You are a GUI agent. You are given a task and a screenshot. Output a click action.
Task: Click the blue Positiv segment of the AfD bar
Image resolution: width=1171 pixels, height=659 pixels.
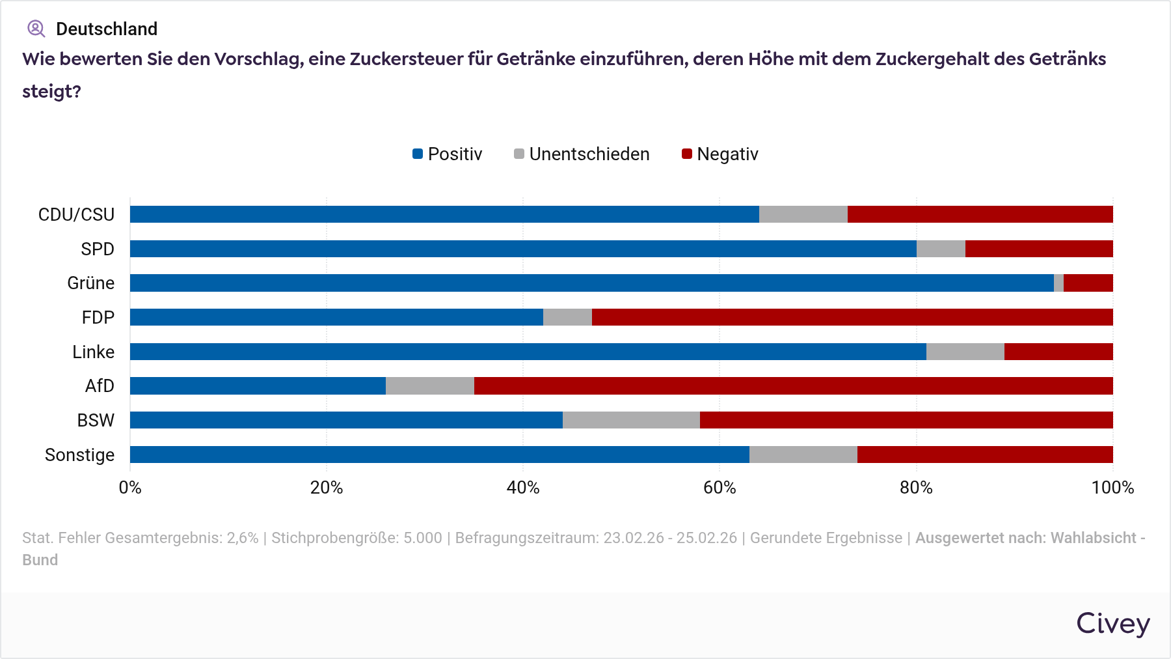pyautogui.click(x=258, y=386)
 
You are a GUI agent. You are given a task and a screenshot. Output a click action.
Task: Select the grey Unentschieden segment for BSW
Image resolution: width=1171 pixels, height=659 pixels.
pyautogui.click(x=631, y=420)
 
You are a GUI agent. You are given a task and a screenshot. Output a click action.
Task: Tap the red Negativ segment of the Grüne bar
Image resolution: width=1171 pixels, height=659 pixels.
pyautogui.click(x=1088, y=283)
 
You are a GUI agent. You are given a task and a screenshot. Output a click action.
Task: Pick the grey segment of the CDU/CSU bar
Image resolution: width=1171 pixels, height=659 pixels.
pyautogui.click(x=803, y=214)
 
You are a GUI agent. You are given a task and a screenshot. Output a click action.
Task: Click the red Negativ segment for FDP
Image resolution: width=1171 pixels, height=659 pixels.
pyautogui.click(x=852, y=317)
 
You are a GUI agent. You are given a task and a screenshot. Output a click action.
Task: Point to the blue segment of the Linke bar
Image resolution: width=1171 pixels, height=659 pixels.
pyautogui.click(x=528, y=352)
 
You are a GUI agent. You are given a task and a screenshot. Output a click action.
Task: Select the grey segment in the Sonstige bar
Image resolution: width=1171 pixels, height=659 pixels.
pyautogui.click(x=803, y=455)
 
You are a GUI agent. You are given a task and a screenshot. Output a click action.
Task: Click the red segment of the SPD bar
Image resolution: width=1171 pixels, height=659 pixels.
pyautogui.click(x=1039, y=249)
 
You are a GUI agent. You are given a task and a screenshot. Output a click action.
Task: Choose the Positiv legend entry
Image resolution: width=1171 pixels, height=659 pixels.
pyautogui.click(x=448, y=154)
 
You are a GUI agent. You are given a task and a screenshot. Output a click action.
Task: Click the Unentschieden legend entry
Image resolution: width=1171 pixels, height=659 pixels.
pyautogui.click(x=582, y=154)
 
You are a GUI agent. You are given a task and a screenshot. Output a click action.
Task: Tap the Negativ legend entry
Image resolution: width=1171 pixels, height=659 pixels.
pyautogui.click(x=720, y=154)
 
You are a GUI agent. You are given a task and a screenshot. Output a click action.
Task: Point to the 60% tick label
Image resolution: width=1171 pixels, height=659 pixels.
pyautogui.click(x=720, y=488)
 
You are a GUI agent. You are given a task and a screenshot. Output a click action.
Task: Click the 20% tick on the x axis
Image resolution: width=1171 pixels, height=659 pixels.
pyautogui.click(x=327, y=488)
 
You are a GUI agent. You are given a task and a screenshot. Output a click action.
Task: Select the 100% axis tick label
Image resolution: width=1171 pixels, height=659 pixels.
pyautogui.click(x=1112, y=488)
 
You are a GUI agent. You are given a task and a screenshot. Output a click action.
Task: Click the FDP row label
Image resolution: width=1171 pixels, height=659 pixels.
pyautogui.click(x=98, y=318)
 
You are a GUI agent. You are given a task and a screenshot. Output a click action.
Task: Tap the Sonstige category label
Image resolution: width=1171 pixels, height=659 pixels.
pyautogui.click(x=79, y=455)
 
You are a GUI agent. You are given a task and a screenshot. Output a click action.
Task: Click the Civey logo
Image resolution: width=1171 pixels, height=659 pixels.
pyautogui.click(x=1113, y=624)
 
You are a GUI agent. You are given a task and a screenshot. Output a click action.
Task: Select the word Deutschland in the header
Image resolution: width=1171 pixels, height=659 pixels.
pyautogui.click(x=107, y=29)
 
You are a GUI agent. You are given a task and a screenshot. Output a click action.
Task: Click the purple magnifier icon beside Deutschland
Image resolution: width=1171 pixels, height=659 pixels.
pyautogui.click(x=36, y=29)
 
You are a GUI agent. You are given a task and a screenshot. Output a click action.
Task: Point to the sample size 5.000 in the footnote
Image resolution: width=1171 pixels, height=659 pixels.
pyautogui.click(x=423, y=538)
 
